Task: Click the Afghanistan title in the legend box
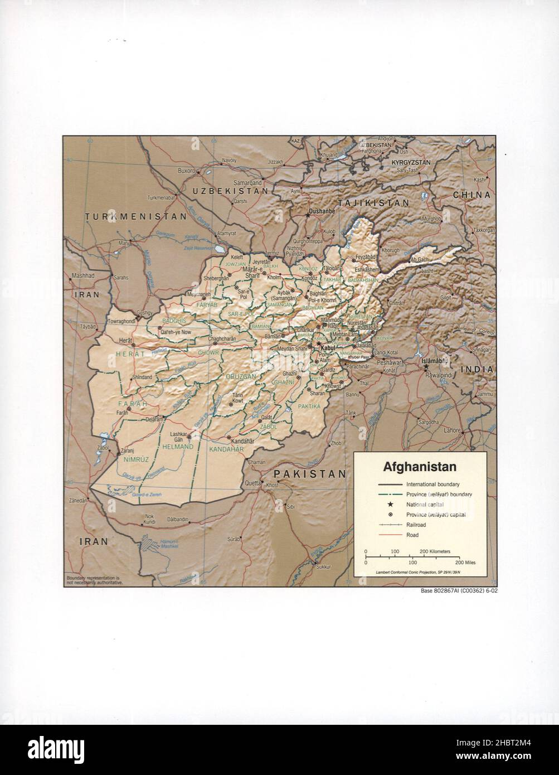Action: pyautogui.click(x=419, y=467)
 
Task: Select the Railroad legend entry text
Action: pyautogui.click(x=416, y=525)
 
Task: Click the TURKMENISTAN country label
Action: pyautogui.click(x=135, y=216)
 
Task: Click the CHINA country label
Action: pyautogui.click(x=471, y=195)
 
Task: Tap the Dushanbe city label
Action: pyautogui.click(x=322, y=211)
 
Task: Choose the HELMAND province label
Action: pyautogui.click(x=177, y=447)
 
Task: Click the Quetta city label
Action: pyautogui.click(x=253, y=483)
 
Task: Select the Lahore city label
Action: pyautogui.click(x=452, y=430)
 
